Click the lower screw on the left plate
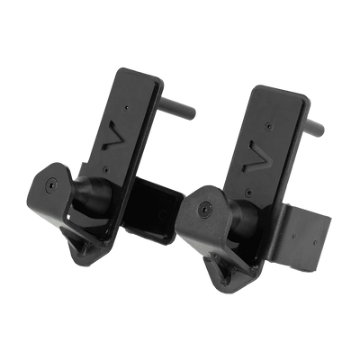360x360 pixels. pos(105,166)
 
